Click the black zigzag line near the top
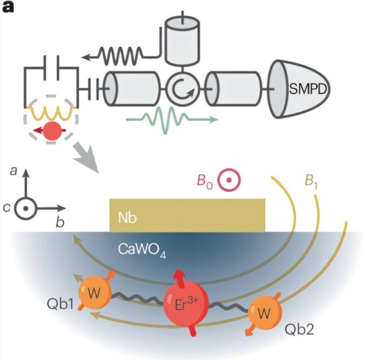coord(124,55)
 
